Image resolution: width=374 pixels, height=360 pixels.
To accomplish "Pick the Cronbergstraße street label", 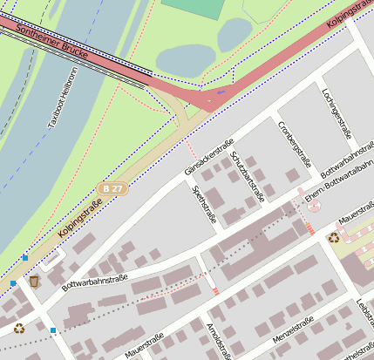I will [x=295, y=143].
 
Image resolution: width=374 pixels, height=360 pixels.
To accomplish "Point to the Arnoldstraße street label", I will [x=219, y=340].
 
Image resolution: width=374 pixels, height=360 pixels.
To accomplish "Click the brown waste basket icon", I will [x=34, y=282].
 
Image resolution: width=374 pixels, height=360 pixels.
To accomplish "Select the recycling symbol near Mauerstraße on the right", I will [x=334, y=236].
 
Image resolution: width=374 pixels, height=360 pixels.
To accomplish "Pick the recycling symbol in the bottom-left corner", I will [x=19, y=329].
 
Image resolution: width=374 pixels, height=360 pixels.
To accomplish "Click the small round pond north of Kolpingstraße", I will [x=235, y=35].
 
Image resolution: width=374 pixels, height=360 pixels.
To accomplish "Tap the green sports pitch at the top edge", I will [x=194, y=8].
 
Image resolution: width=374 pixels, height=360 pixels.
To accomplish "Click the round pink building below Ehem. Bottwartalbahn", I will [x=314, y=207].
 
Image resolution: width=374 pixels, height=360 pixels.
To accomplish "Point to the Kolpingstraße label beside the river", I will [x=80, y=220].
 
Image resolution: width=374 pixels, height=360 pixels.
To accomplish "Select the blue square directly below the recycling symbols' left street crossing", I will [x=53, y=330].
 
